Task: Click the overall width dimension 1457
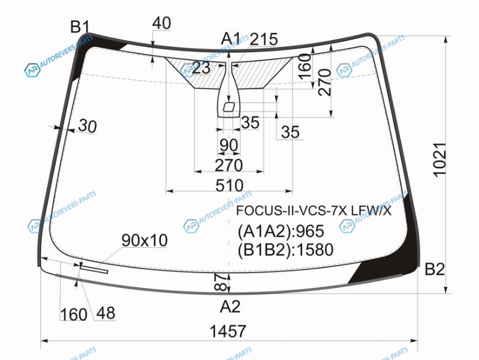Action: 228,331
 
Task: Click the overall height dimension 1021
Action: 440,160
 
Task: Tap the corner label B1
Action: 80,26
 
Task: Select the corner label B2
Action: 435,269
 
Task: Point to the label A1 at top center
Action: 231,39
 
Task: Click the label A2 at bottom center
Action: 230,306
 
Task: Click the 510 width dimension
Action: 230,185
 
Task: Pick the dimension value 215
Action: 264,40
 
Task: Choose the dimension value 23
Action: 201,68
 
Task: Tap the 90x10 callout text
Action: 144,241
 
